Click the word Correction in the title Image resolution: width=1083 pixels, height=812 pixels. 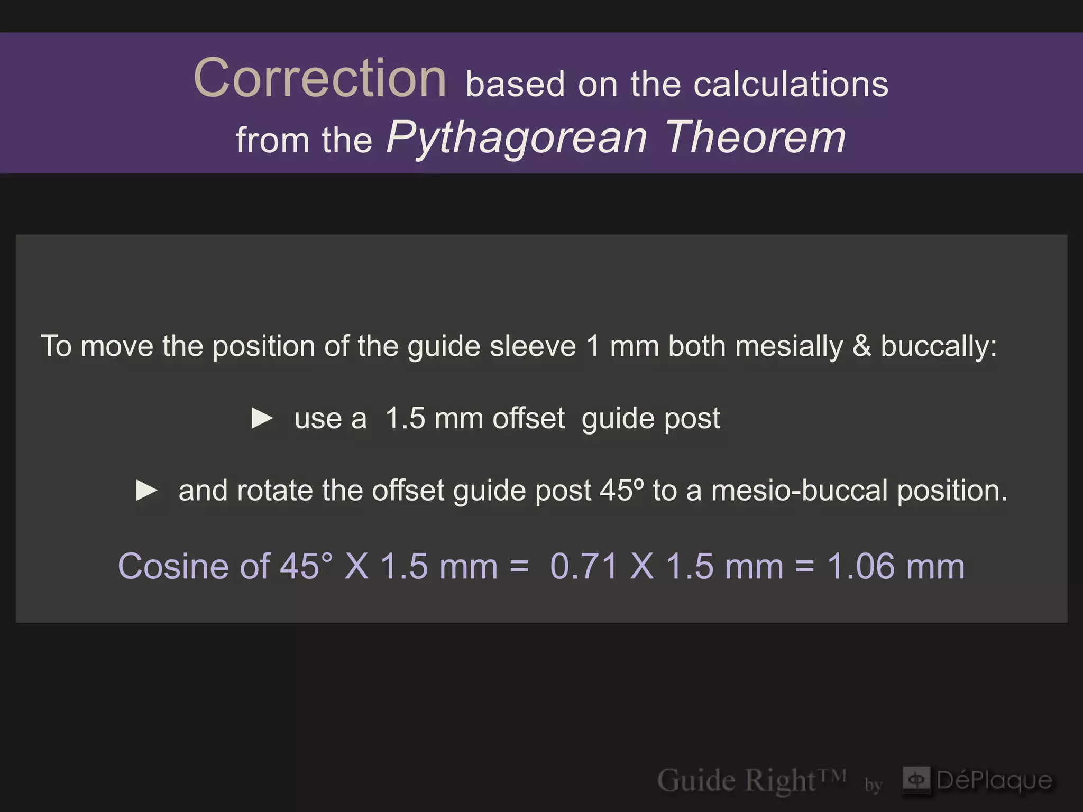tap(320, 79)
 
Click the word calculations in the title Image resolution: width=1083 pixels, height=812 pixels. tap(791, 85)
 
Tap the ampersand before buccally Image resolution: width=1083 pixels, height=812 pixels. tap(862, 347)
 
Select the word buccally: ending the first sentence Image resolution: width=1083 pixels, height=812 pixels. tap(939, 347)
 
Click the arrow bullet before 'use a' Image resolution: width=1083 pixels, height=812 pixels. tap(262, 419)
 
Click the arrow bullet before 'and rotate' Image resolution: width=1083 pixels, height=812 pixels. tap(146, 491)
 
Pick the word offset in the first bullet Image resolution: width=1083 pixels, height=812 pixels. tap(528, 419)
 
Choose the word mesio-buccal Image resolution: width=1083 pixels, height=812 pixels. tap(799, 491)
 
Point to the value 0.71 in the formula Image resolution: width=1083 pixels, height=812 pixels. tap(584, 567)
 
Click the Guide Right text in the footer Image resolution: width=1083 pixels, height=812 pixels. tap(751, 780)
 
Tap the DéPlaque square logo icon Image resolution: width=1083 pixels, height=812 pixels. tap(916, 780)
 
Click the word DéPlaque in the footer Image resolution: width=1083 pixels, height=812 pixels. tap(994, 780)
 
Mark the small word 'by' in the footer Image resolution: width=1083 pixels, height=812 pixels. tap(874, 785)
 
